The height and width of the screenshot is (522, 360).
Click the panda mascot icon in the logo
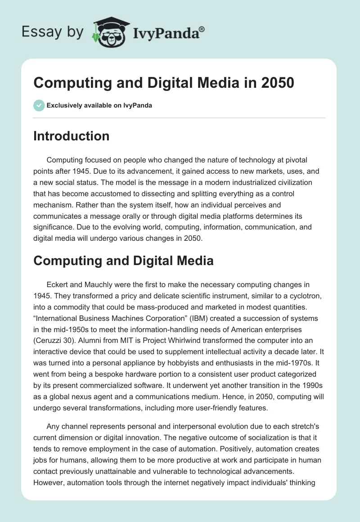107,31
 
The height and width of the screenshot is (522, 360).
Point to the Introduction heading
72,136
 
